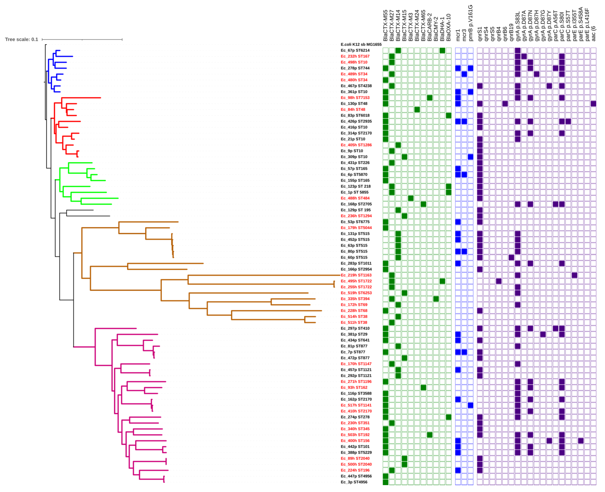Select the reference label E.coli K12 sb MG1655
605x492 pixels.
(x=361, y=45)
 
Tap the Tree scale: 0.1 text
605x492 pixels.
(x=22, y=39)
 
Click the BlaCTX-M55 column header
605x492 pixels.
(x=385, y=25)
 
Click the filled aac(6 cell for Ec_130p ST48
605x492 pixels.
(x=593, y=104)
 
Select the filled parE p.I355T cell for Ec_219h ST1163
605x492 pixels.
(x=574, y=275)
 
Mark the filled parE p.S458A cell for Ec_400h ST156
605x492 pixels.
(x=581, y=441)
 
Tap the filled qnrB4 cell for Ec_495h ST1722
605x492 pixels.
(x=499, y=281)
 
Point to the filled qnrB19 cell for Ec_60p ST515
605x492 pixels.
(x=511, y=258)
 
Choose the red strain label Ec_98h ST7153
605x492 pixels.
(x=355, y=98)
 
